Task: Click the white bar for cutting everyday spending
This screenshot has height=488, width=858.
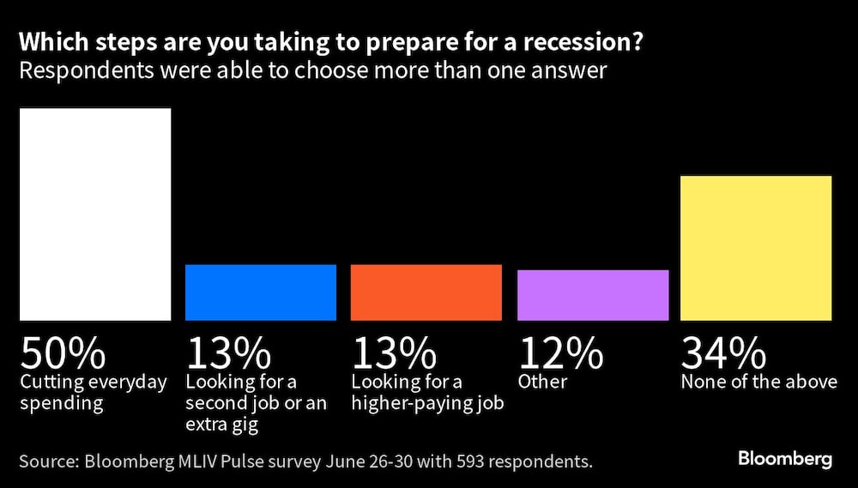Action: tap(95, 214)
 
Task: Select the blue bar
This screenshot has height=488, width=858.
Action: tap(261, 292)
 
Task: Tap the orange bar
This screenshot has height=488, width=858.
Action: tap(426, 292)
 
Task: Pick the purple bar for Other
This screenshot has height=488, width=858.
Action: tap(593, 295)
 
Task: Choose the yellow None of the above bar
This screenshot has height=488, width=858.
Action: tap(756, 248)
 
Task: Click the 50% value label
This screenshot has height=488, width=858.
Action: tap(63, 352)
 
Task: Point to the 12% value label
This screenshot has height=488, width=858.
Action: tap(560, 352)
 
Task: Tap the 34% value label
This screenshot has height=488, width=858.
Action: tap(723, 352)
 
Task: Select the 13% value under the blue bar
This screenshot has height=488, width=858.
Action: tap(228, 352)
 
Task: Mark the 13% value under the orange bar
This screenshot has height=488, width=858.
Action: tap(394, 352)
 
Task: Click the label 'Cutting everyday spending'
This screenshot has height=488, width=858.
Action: tap(94, 392)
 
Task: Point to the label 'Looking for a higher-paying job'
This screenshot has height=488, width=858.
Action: tap(426, 392)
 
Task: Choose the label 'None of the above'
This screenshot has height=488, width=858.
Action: tap(758, 382)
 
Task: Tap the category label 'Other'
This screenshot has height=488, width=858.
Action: tap(541, 382)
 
